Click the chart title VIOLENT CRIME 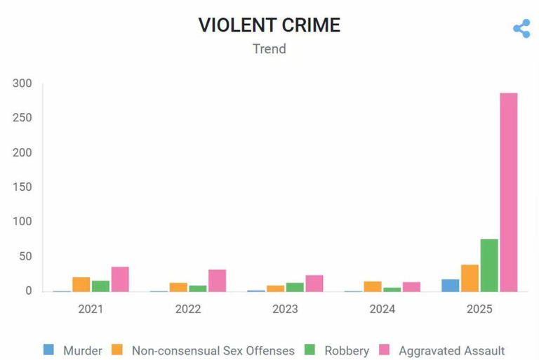click(269, 25)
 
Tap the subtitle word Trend click(269, 49)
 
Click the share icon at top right click(521, 29)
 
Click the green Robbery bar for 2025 click(489, 265)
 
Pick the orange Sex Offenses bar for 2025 click(470, 278)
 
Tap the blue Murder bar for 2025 click(451, 285)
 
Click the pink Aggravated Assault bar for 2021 click(120, 279)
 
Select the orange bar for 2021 click(81, 284)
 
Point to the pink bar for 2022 click(217, 280)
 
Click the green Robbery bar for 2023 click(295, 287)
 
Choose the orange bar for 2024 click(373, 286)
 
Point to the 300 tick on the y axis click(23, 84)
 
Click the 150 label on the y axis click(23, 187)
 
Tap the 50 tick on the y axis click(26, 256)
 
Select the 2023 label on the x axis click(286, 309)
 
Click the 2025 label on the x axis click(480, 309)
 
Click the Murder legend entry click(73, 350)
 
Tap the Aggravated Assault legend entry click(442, 350)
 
